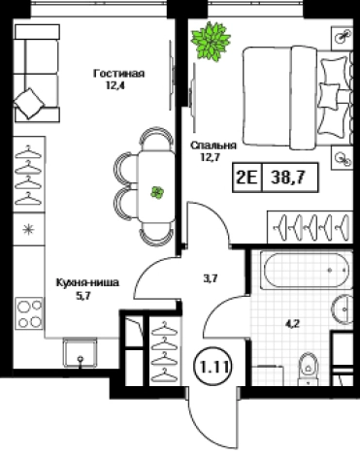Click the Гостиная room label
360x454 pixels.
pos(118,74)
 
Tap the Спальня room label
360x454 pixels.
pos(213,146)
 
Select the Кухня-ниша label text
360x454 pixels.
pos(87,282)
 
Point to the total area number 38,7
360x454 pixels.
pos(289,178)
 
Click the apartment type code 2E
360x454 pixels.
pos(247,178)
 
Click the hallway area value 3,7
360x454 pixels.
pos(211,278)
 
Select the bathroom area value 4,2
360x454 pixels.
pos(292,323)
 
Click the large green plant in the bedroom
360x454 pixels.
pos(211,40)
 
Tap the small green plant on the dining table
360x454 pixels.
pos(157,193)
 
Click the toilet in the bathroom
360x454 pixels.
pos(308,369)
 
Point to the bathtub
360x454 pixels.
pos(306,271)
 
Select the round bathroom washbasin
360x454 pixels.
pos(343,309)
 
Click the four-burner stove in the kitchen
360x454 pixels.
pos(29,313)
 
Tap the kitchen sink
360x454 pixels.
pos(80,352)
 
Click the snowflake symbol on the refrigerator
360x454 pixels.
pos(28,230)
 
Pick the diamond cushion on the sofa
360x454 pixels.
pos(29,104)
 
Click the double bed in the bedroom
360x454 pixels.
pos(297,98)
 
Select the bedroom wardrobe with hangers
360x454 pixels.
pos(310,227)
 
